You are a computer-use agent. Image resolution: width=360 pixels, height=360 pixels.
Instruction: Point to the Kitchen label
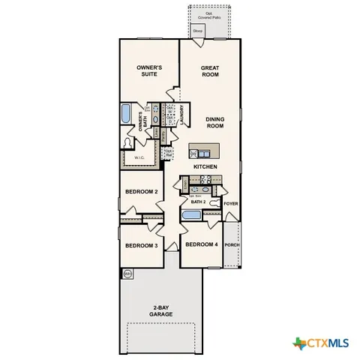tap(205, 166)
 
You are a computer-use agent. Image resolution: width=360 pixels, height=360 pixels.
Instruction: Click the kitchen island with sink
tap(205, 148)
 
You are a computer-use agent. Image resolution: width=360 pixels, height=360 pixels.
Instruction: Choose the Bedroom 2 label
tap(140, 192)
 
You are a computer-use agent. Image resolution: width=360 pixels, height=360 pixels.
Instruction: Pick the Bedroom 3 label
tap(140, 246)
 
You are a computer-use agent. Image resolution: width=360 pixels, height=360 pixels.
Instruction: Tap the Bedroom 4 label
tap(201, 245)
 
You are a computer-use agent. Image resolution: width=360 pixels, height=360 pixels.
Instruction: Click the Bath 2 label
tap(198, 202)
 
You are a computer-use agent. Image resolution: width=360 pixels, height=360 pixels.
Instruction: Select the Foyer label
tap(230, 202)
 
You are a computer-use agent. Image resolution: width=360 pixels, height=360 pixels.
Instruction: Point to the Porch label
tap(232, 244)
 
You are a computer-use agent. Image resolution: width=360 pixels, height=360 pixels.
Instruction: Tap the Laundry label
tap(182, 115)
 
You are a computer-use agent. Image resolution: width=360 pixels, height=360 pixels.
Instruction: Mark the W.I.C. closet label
tap(139, 158)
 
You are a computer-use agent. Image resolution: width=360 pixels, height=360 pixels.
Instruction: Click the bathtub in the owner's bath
tap(126, 115)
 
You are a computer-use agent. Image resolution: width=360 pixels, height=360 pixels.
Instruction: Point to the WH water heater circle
tap(127, 274)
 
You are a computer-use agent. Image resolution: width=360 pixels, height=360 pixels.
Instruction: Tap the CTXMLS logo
tap(321, 343)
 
